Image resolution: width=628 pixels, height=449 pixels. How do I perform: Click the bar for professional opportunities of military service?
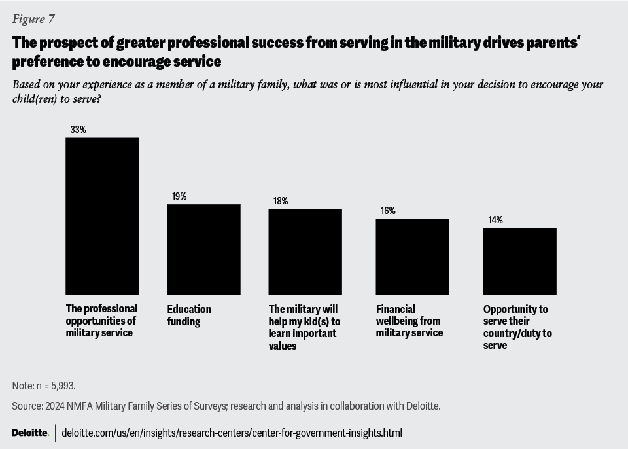[102, 216]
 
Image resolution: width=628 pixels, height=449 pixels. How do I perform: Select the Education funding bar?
[203, 249]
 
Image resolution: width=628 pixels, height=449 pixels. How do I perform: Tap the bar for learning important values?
[305, 251]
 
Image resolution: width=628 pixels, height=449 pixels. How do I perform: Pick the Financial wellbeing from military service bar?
[412, 257]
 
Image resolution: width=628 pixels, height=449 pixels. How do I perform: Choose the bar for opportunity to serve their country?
[519, 261]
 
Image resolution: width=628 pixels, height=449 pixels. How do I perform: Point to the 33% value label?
[78, 130]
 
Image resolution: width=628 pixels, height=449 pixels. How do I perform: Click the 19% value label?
[179, 196]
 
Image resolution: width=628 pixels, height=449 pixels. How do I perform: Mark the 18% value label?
[281, 201]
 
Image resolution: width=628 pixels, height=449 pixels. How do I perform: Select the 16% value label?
[388, 211]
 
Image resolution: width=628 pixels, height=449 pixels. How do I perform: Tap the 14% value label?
[495, 220]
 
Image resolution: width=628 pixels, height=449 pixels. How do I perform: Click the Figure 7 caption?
[33, 18]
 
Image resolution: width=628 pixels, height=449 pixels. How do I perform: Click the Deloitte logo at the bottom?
[30, 433]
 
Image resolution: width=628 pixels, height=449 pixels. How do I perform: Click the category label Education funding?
[189, 315]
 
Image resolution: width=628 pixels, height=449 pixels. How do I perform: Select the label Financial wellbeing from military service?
[410, 321]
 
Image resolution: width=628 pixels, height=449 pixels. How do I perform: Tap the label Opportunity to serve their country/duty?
[517, 327]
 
